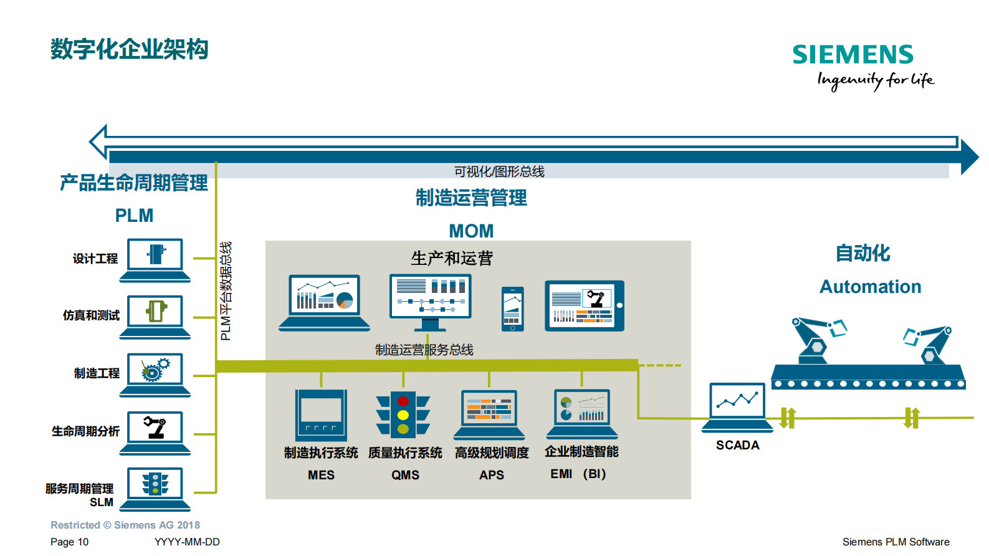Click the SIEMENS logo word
tap(853, 55)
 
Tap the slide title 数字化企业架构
tap(130, 49)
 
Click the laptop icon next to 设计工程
tap(155, 259)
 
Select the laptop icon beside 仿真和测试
tap(155, 316)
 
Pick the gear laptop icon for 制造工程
tap(155, 374)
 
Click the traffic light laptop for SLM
tap(155, 488)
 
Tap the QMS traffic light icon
tap(403, 414)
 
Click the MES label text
tap(321, 475)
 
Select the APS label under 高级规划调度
tap(491, 475)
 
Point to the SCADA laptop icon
tap(737, 406)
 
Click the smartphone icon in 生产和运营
tap(513, 309)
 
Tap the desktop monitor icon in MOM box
tap(430, 302)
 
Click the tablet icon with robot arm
tap(584, 305)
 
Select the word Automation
tap(870, 287)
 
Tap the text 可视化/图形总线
tap(499, 171)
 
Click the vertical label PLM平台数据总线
tap(226, 291)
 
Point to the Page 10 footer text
tap(69, 542)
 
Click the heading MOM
tap(471, 231)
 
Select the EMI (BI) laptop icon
tap(582, 413)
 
